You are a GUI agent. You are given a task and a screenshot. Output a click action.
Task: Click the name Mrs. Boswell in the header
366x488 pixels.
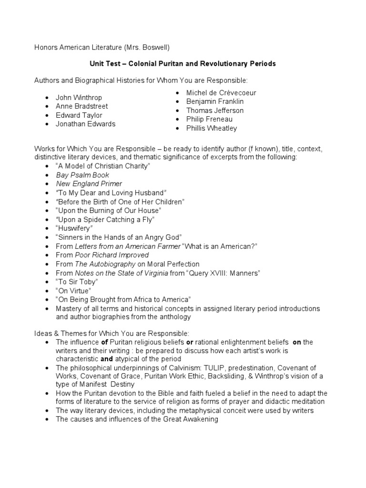coord(144,47)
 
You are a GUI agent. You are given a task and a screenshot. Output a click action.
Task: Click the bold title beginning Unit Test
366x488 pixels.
coord(183,63)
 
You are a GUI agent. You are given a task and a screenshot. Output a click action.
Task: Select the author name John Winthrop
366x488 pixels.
coord(79,98)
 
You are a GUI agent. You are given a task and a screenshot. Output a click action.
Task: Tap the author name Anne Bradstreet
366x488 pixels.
coord(81,106)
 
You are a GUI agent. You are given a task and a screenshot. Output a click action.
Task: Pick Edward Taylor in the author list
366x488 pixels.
coord(79,115)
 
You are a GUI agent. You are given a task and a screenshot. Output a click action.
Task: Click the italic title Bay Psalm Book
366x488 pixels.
coord(82,175)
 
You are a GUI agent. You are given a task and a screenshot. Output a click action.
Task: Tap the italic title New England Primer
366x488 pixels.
coord(89,183)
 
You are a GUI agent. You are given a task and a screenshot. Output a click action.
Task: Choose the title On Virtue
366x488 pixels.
coord(73,290)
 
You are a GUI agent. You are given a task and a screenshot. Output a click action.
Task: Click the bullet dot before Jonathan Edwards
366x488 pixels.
coord(46,124)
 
